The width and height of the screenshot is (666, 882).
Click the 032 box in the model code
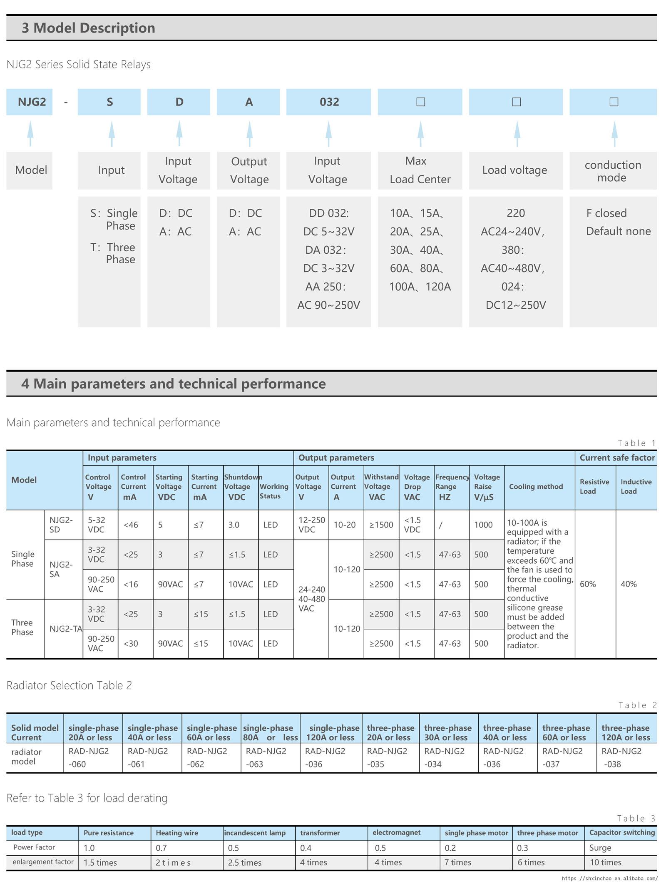(x=328, y=102)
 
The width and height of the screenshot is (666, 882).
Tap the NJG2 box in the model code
(x=30, y=102)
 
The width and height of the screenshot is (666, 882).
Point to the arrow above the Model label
(x=30, y=133)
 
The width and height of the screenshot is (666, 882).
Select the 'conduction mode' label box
(x=613, y=171)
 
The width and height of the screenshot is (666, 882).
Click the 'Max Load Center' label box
(x=420, y=170)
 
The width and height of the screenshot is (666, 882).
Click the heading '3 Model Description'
(x=88, y=28)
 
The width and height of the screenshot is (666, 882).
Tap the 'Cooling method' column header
(x=536, y=487)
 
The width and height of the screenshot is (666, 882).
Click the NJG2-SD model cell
(x=61, y=525)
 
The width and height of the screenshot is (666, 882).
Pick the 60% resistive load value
(x=588, y=584)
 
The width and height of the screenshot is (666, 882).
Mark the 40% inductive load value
(x=629, y=584)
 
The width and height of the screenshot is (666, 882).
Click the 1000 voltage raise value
(x=483, y=525)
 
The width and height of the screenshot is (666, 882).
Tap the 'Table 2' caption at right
(x=637, y=705)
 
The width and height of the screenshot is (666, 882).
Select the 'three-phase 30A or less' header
(x=448, y=732)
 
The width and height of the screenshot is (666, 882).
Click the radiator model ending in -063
(x=266, y=757)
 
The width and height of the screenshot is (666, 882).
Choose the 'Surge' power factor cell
(x=600, y=848)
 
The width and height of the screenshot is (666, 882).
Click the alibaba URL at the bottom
(x=610, y=878)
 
